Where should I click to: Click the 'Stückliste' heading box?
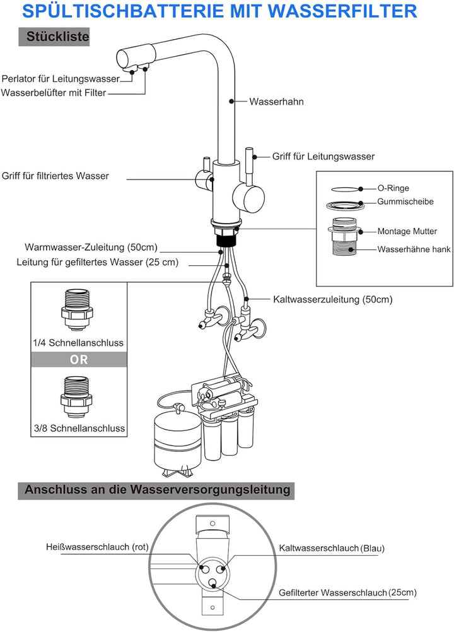point(58,37)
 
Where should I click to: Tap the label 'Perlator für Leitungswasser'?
point(61,79)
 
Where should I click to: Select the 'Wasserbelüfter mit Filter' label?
point(54,93)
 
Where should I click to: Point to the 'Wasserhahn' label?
point(277,101)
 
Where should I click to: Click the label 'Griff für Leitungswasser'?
point(323,156)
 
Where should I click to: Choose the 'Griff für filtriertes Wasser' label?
point(55,176)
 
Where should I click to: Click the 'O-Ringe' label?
point(393,188)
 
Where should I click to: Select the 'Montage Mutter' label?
point(407,231)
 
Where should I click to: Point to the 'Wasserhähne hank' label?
point(414,250)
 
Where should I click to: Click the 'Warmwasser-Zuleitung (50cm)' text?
point(91,247)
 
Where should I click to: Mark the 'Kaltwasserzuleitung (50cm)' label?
point(332,300)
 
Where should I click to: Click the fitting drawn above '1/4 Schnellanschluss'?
point(78,308)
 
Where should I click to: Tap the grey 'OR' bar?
point(79,360)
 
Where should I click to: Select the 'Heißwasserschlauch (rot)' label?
point(97,547)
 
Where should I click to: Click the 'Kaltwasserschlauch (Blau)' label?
point(331,549)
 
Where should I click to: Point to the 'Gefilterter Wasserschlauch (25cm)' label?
point(347,593)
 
